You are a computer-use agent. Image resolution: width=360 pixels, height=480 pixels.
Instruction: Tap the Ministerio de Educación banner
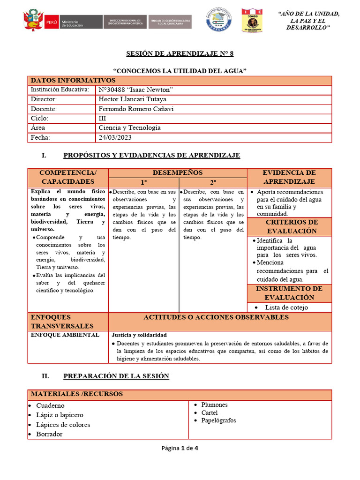pyautogui.click(x=73, y=22)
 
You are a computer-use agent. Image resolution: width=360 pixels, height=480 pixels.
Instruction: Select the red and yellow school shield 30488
pyautogui.click(x=252, y=21)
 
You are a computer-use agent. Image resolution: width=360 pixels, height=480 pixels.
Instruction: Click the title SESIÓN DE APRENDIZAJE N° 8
pyautogui.click(x=180, y=54)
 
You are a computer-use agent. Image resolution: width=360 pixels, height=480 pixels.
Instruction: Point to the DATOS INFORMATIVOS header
pyautogui.click(x=73, y=81)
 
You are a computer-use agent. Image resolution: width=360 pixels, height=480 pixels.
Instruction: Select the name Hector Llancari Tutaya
pyautogui.click(x=132, y=99)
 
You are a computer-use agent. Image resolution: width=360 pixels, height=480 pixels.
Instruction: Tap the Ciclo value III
pyautogui.click(x=103, y=119)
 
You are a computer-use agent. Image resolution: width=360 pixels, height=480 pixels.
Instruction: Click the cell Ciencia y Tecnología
pyautogui.click(x=129, y=128)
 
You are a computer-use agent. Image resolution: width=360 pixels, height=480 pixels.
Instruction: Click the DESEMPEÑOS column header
pyautogui.click(x=178, y=173)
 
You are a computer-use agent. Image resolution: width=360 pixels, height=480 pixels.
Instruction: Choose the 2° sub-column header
pyautogui.click(x=213, y=182)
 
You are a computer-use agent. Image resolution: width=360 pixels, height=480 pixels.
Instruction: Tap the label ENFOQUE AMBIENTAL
pyautogui.click(x=65, y=335)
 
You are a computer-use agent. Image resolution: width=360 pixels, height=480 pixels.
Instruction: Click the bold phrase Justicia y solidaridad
pyautogui.click(x=139, y=335)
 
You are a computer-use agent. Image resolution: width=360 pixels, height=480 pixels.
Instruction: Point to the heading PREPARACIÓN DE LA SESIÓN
pyautogui.click(x=116, y=376)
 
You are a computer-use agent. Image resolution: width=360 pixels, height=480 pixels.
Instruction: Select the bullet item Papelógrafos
pyautogui.click(x=218, y=420)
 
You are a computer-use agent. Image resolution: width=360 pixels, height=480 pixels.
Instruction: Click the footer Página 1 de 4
pyautogui.click(x=180, y=448)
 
